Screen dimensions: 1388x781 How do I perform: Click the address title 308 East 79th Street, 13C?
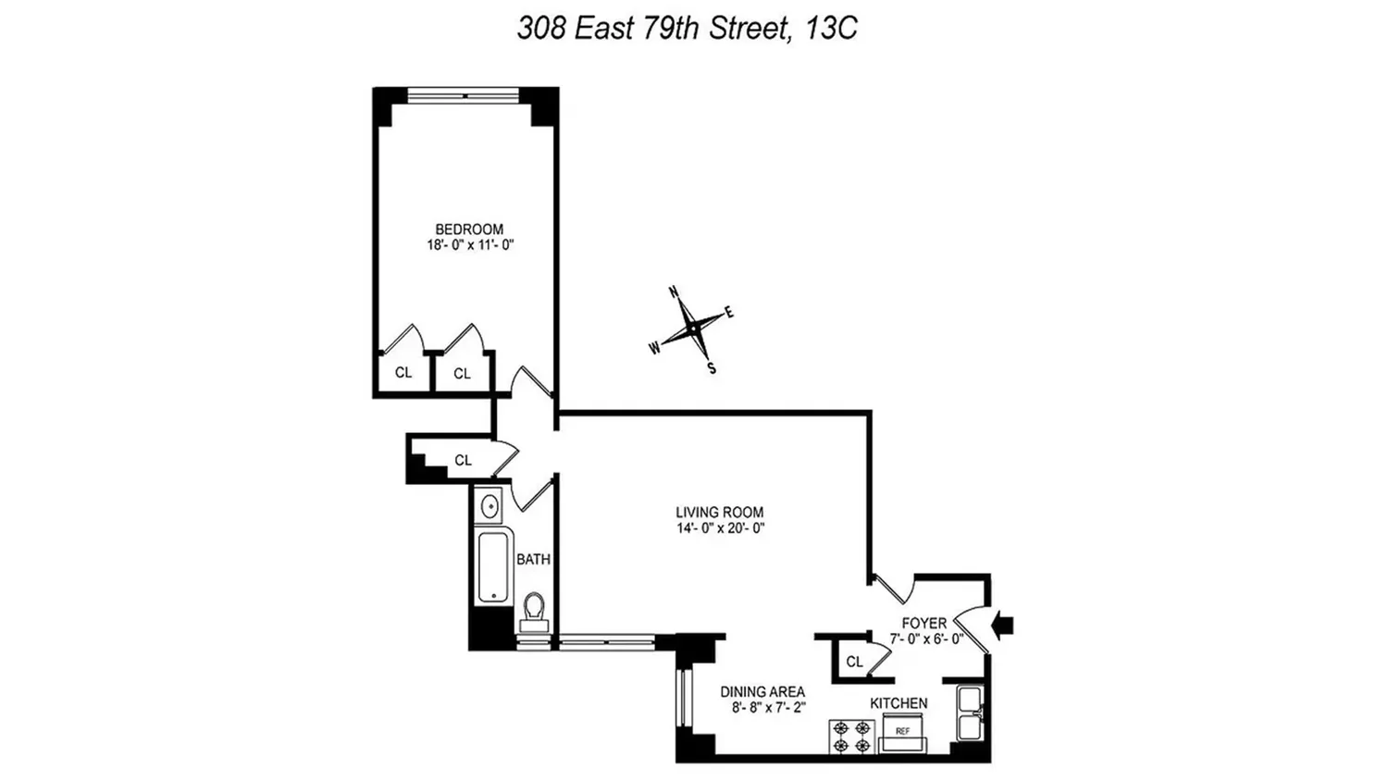688,28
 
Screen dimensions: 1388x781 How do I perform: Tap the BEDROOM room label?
469,229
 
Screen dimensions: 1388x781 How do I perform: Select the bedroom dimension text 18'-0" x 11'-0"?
470,245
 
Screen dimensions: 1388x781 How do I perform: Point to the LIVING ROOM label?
719,513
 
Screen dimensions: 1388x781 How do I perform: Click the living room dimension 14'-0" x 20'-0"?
721,528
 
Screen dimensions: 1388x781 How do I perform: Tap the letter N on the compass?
674,291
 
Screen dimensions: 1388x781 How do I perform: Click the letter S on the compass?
712,369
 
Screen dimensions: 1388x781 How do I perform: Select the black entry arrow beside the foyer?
1002,626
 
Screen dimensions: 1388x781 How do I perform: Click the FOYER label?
923,623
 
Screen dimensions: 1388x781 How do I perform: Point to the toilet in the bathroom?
534,611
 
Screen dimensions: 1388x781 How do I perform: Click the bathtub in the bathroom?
494,567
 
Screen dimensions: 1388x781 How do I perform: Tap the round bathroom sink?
490,506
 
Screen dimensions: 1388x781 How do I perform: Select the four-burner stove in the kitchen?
852,737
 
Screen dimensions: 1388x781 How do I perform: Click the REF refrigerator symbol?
903,733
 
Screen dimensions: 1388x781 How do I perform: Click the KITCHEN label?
898,703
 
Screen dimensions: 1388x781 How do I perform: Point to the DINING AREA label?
762,692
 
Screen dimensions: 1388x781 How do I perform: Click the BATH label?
534,560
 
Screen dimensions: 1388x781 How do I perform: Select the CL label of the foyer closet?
854,662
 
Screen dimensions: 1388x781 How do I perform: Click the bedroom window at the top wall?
463,95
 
